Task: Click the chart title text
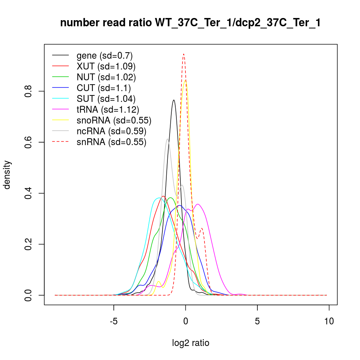(190, 23)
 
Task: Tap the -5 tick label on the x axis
(114, 320)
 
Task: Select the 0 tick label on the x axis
(185, 320)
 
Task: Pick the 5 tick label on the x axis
(257, 320)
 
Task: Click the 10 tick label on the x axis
(329, 320)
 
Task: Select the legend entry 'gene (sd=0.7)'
(104, 55)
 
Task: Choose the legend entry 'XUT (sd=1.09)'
(106, 66)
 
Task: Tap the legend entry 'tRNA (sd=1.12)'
(108, 109)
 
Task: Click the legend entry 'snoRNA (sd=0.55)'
(114, 120)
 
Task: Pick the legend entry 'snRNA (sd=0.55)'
(111, 142)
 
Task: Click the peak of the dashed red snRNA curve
(184, 54)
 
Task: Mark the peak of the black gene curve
(174, 100)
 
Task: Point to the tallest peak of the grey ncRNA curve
(167, 139)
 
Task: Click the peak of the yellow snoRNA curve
(185, 80)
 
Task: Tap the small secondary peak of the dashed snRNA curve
(202, 228)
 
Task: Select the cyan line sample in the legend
(60, 99)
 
